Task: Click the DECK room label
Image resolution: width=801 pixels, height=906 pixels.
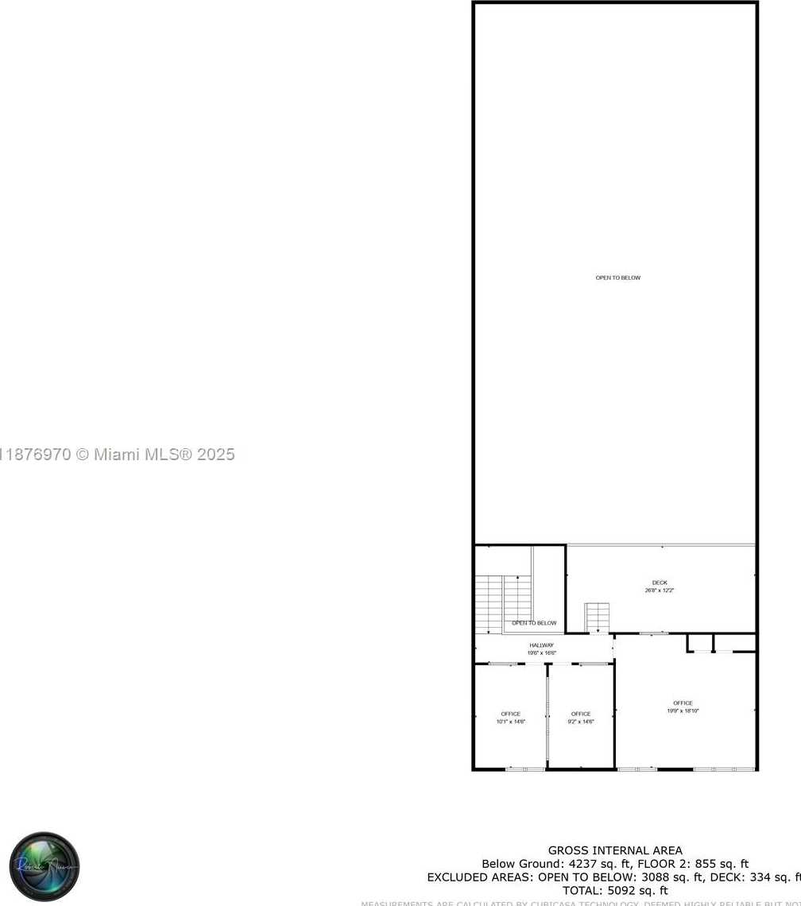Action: point(660,583)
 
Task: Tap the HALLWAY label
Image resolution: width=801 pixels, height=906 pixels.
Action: point(541,645)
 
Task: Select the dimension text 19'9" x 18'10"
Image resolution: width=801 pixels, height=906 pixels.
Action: point(683,710)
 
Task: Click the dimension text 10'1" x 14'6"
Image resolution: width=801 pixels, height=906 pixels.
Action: point(510,722)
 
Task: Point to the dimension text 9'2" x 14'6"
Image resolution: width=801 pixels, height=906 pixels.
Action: point(580,722)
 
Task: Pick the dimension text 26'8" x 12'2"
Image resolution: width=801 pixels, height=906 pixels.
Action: point(660,590)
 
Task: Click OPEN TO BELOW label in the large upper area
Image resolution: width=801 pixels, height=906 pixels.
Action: point(617,277)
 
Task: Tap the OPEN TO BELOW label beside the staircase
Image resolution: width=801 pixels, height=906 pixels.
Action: point(534,623)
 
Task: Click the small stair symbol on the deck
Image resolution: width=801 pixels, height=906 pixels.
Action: point(597,618)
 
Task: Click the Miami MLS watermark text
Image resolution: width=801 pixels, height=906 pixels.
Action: point(119,455)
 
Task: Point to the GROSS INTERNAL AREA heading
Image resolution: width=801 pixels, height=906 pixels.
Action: point(614,850)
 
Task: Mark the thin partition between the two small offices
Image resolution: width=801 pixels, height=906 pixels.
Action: point(547,715)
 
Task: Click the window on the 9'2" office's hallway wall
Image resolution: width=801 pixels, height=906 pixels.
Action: point(592,664)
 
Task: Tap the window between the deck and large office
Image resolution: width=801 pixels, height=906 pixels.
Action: point(654,633)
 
